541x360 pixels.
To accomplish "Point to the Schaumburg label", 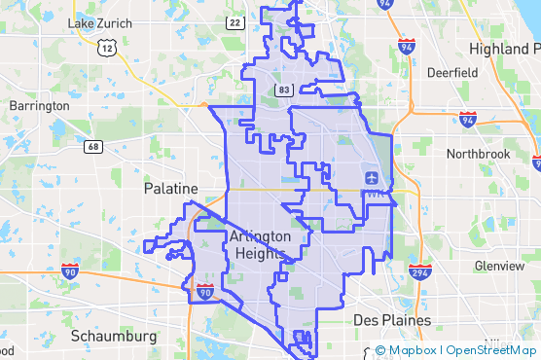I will point(114,336).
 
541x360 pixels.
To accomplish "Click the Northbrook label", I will point(477,154).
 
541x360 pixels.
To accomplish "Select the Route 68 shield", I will point(93,147).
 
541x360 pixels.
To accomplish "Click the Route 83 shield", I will point(283,90).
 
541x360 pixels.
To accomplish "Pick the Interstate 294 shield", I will point(419,271).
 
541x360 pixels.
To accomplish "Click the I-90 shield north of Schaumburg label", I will point(204,291).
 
